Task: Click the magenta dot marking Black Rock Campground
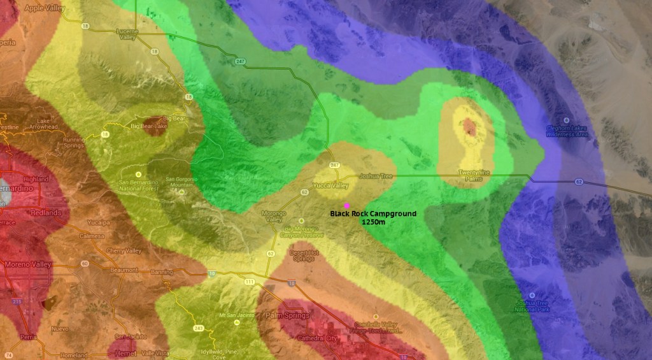[346, 205]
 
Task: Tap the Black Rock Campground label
[372, 214]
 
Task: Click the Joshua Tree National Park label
[535, 306]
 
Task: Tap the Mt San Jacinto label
[232, 315]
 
